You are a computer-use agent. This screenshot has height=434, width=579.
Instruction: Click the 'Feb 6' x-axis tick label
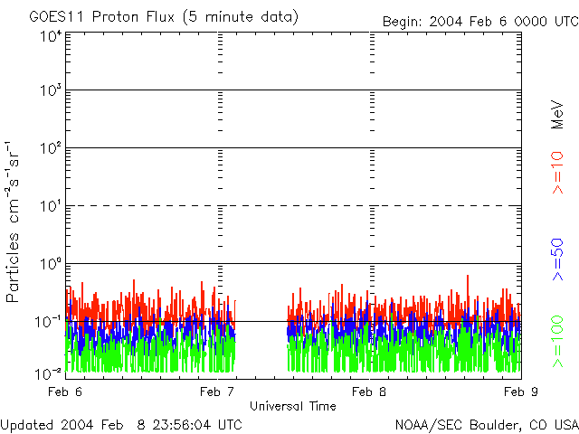tap(65, 391)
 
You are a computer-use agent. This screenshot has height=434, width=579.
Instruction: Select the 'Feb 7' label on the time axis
tap(217, 391)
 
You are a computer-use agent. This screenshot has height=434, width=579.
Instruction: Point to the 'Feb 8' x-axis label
tap(369, 391)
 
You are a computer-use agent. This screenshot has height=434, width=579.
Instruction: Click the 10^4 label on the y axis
tap(51, 36)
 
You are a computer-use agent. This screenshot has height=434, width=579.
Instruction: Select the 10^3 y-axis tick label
tap(51, 90)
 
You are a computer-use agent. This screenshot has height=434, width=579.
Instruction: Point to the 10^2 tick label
tap(51, 148)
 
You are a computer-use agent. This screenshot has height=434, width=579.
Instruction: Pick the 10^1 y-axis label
tap(51, 206)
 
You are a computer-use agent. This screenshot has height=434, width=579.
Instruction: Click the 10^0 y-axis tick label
tap(51, 264)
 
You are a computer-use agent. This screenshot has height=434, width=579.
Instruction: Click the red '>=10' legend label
tap(558, 174)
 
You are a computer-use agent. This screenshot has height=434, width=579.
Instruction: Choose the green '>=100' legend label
tap(558, 341)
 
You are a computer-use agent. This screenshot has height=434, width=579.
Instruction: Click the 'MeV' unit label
tap(558, 116)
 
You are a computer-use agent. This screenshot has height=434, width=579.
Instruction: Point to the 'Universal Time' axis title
tap(292, 406)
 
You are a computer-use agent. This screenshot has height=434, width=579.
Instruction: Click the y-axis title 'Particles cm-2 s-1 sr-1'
tap(14, 221)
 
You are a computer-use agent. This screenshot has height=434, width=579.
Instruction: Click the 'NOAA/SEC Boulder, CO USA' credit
tap(486, 424)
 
